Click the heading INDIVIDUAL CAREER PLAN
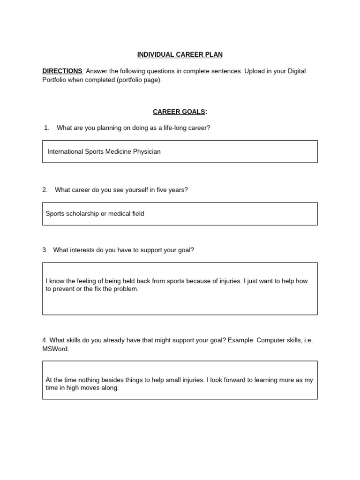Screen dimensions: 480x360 coord(180,55)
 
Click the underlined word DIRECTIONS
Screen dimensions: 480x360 coord(62,71)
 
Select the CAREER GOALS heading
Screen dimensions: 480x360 coord(180,112)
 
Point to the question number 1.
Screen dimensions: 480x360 coord(46,128)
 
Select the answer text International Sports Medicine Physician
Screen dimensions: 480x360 coord(104,152)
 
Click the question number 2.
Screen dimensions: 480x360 coord(45,190)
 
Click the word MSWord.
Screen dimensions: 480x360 coord(55,349)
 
